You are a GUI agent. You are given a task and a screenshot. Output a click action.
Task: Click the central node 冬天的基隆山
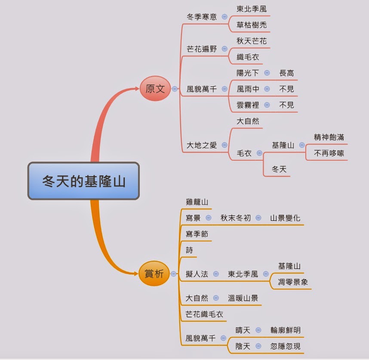(x=83, y=181)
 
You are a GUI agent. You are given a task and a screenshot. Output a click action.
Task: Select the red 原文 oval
(x=155, y=89)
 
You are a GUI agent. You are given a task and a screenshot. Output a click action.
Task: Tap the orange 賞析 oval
(x=154, y=274)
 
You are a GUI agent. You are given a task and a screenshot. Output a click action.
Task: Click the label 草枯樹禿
(x=252, y=25)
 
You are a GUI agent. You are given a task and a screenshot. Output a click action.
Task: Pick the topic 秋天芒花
(x=252, y=41)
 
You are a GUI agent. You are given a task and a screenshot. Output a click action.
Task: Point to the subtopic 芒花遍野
(x=202, y=49)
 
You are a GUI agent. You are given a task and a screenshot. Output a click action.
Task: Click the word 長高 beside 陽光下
(x=286, y=73)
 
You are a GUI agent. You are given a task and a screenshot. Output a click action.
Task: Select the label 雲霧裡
(x=248, y=105)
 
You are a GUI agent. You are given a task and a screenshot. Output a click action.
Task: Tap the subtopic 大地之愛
(x=202, y=145)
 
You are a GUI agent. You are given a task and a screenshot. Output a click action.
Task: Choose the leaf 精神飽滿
(x=329, y=137)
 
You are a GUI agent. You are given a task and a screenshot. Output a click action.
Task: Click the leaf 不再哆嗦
(x=329, y=153)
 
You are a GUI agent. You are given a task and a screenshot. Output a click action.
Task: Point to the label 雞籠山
(x=197, y=201)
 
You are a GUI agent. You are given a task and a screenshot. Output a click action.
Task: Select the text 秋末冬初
(x=235, y=218)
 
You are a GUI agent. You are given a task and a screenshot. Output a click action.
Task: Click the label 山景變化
(x=285, y=218)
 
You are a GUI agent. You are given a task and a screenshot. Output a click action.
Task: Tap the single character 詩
(x=190, y=250)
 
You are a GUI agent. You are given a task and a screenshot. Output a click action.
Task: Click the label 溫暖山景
(x=243, y=298)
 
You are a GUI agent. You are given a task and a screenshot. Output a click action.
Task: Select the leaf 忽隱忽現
(x=286, y=346)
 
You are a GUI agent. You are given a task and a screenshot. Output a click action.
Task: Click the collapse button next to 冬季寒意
(x=225, y=17)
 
